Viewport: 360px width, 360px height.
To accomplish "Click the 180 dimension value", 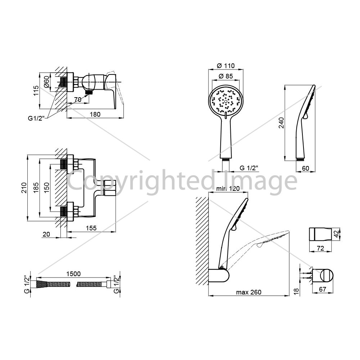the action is (x=95, y=114).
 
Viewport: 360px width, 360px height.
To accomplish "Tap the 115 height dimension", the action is (x=36, y=91).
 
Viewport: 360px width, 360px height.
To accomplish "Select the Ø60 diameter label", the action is (x=46, y=81).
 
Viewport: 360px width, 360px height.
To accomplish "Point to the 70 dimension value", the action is (x=78, y=100).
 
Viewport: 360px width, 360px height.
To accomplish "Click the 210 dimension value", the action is (x=24, y=188).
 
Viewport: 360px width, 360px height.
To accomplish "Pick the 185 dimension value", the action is (x=36, y=188).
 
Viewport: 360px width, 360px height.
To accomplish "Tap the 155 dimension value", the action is (x=91, y=228).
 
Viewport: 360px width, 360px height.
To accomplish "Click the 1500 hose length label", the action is (x=73, y=274).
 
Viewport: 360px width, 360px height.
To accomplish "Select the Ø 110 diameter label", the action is (x=226, y=66).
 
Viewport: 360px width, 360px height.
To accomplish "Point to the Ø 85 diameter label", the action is (x=226, y=76).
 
